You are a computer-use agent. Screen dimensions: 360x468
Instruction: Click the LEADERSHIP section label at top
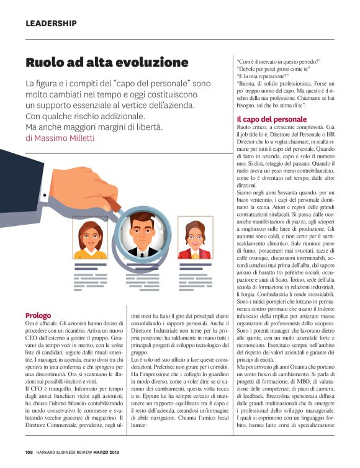coord(51,24)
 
